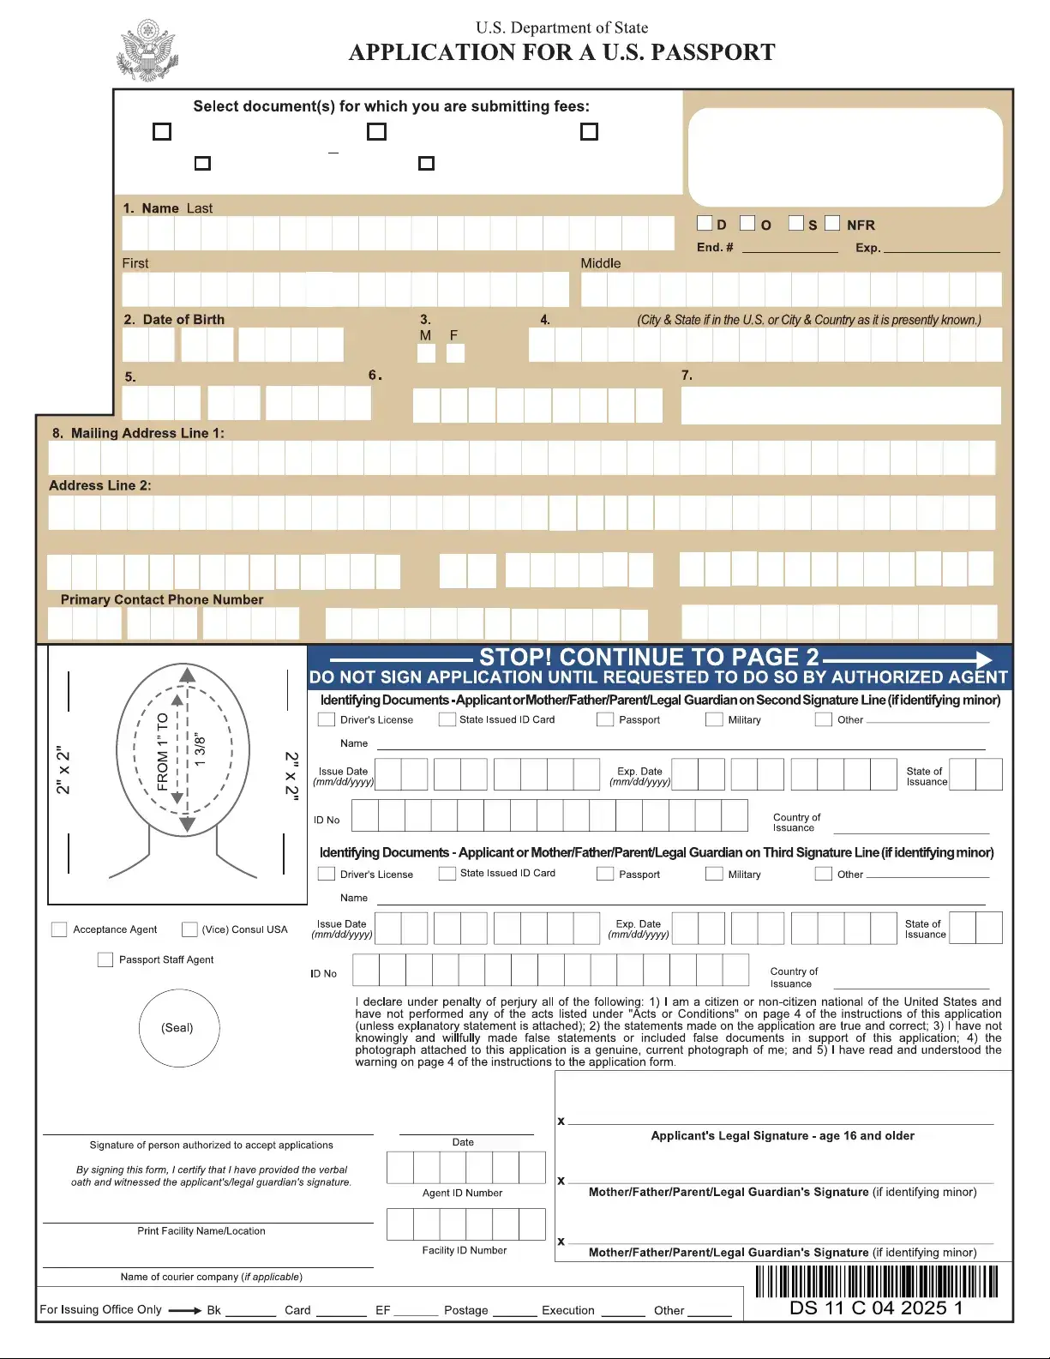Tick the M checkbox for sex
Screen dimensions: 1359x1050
click(x=426, y=352)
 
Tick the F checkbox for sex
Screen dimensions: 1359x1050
click(x=455, y=352)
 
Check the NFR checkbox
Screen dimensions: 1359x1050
click(x=832, y=223)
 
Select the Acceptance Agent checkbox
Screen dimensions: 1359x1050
click(x=59, y=929)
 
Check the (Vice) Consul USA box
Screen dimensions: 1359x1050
click(x=189, y=929)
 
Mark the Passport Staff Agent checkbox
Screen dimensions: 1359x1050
click(x=105, y=959)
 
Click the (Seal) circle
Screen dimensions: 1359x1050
click(x=178, y=1027)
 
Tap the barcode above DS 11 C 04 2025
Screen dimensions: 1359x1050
click(x=876, y=1282)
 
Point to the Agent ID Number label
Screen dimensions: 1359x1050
click(x=462, y=1193)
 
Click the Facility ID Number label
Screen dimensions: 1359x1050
click(x=464, y=1250)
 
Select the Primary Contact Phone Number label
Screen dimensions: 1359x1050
click(x=162, y=599)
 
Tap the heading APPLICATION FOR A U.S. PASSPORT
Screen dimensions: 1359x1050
click(x=561, y=52)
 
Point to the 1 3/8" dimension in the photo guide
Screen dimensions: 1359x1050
click(x=200, y=749)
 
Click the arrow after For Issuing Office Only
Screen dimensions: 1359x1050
click(x=184, y=1310)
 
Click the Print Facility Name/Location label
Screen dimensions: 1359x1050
click(x=201, y=1230)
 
